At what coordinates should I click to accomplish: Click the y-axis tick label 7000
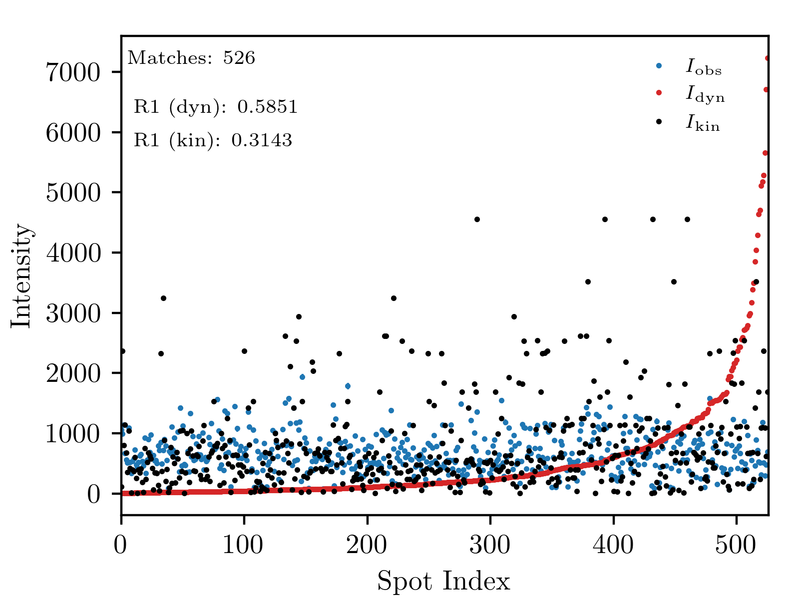(73, 72)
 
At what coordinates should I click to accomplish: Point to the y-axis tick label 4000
(73, 253)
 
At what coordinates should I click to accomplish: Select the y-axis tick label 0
(93, 494)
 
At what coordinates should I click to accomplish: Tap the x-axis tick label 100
(243, 545)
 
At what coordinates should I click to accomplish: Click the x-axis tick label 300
(490, 545)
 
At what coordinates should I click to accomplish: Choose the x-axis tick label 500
(736, 545)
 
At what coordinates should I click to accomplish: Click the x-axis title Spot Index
(443, 581)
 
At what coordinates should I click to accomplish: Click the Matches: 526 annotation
(191, 57)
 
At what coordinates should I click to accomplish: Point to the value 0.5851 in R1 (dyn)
(267, 106)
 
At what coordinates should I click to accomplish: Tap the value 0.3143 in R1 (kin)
(262, 140)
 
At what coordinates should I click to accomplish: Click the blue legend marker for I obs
(659, 65)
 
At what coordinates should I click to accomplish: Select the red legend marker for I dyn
(659, 93)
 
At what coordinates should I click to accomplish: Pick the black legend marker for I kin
(659, 121)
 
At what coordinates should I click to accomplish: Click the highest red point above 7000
(767, 58)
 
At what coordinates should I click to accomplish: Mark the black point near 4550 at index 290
(477, 219)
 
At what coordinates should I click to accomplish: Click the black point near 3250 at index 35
(163, 298)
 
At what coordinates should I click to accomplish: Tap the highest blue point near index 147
(302, 377)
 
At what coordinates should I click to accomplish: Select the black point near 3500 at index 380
(588, 282)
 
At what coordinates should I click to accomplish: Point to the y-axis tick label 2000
(73, 373)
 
